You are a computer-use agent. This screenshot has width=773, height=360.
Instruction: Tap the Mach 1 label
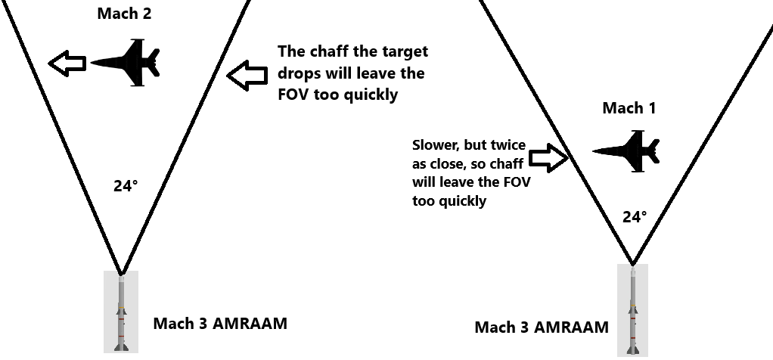(x=629, y=108)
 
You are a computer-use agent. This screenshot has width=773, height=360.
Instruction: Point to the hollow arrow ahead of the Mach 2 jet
(x=67, y=63)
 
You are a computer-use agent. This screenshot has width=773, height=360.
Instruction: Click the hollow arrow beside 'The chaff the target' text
(x=247, y=74)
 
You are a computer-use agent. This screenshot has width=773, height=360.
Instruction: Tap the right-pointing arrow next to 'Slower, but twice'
(x=548, y=157)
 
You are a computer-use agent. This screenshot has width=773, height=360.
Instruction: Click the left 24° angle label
(x=126, y=185)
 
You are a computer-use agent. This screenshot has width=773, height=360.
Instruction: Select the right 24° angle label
(x=634, y=217)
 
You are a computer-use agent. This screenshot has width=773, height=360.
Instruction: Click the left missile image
(x=120, y=312)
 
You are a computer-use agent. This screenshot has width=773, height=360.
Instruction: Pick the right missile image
(x=632, y=310)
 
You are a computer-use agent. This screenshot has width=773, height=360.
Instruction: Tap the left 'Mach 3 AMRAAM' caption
(x=220, y=324)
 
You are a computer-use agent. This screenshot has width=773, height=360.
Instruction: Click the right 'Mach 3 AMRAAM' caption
(x=541, y=327)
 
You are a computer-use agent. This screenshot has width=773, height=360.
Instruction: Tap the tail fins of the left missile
(x=120, y=344)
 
